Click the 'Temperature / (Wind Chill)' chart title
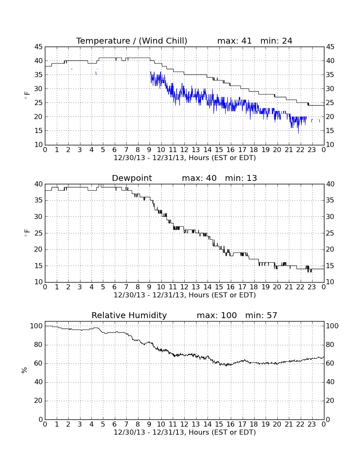tap(132, 41)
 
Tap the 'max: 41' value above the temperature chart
tap(234, 41)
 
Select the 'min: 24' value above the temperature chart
tap(276, 41)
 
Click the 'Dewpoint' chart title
tap(132, 178)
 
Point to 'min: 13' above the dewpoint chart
tap(241, 178)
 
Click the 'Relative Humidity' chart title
tap(129, 315)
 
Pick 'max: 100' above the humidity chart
tap(217, 315)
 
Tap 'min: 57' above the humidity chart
tap(261, 315)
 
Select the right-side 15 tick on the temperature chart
tap(330, 131)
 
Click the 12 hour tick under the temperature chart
tap(184, 150)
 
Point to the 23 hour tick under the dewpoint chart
tap(312, 287)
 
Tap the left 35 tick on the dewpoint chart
tap(38, 200)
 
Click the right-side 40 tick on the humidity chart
tap(330, 382)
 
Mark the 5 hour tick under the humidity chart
tap(103, 424)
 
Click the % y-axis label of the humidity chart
tap(25, 370)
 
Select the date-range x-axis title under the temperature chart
tap(185, 158)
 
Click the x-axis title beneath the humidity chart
tap(185, 433)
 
